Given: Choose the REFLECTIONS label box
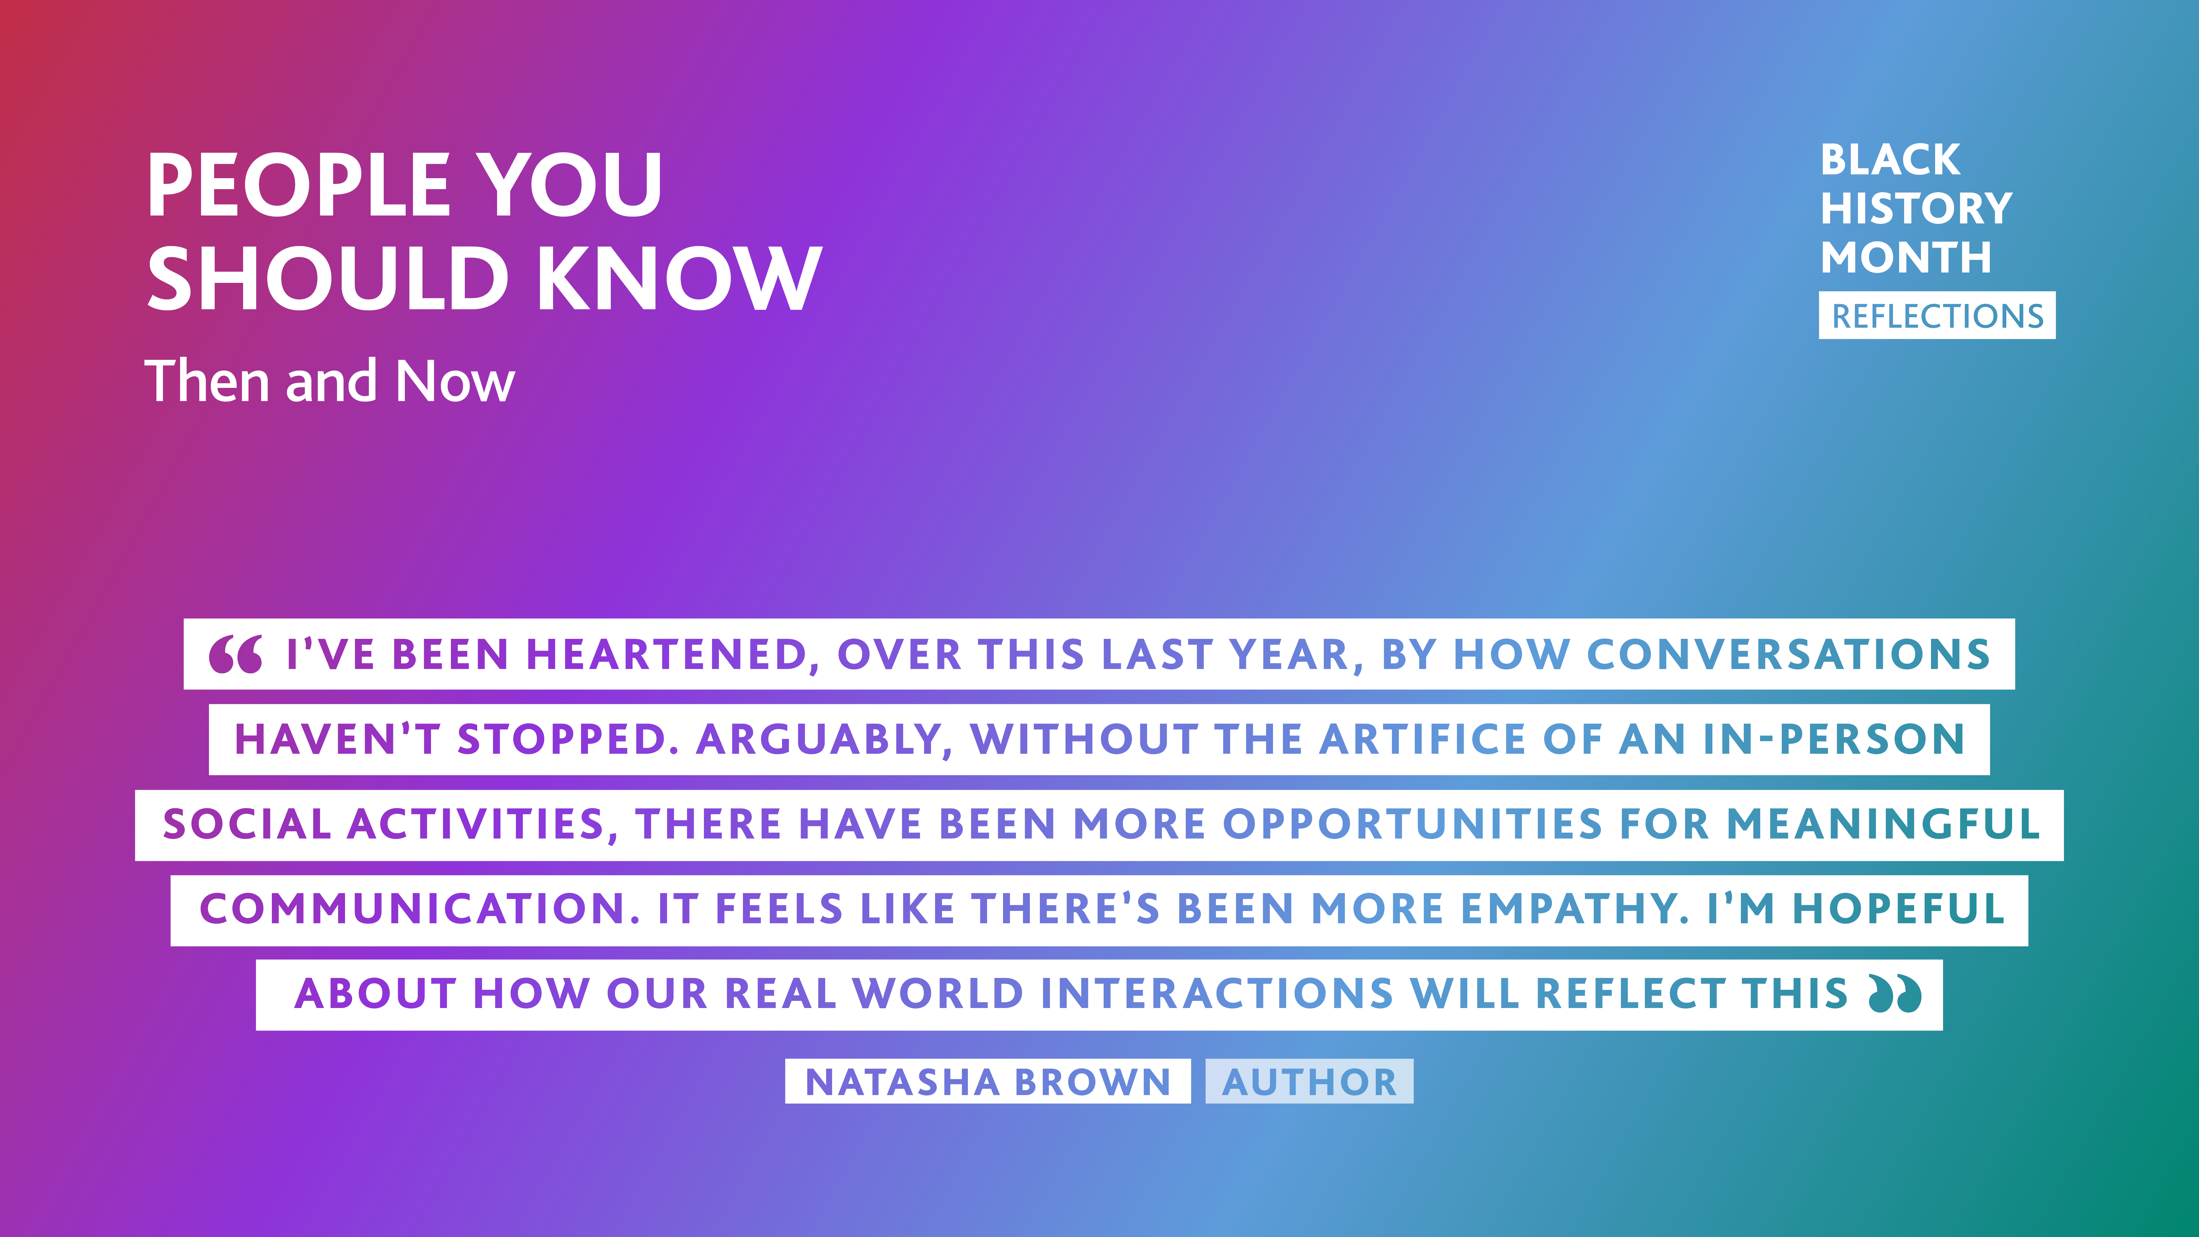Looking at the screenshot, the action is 1937,316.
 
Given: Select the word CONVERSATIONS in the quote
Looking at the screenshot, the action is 1788,655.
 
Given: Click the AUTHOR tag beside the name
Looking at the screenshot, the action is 1310,1082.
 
